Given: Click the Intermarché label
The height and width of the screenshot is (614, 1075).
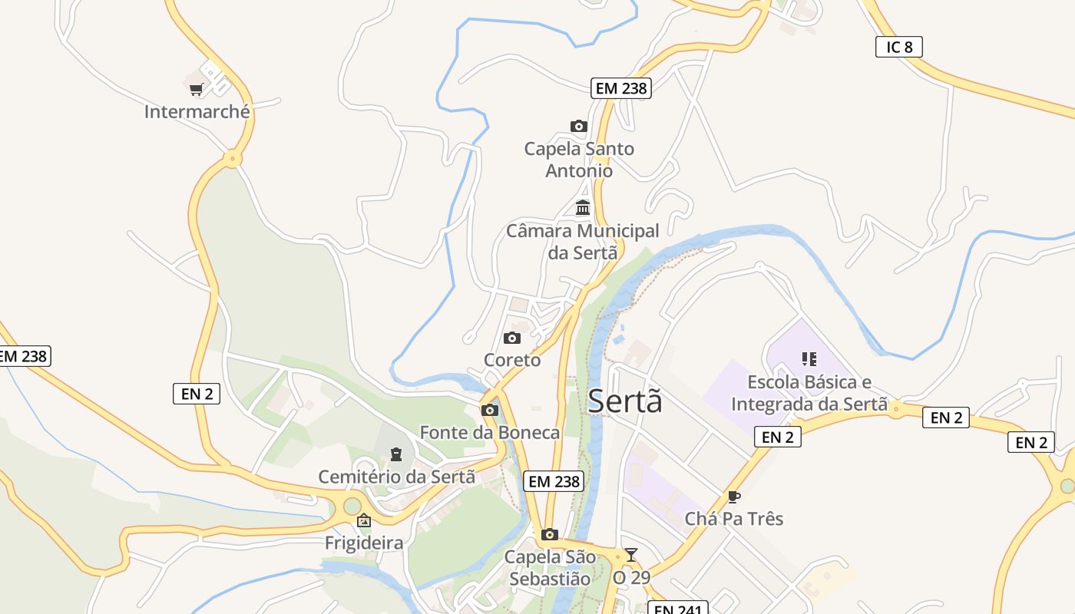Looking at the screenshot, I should point(197,111).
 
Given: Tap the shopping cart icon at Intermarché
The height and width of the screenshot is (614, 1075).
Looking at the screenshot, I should point(196,89).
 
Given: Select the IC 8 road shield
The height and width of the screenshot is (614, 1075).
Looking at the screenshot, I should point(898,47).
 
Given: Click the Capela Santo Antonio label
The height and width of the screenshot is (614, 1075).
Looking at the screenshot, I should point(579,159).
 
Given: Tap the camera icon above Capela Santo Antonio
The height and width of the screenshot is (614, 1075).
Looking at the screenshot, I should point(579,126).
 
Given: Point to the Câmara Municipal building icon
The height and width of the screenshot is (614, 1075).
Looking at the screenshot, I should point(583,207).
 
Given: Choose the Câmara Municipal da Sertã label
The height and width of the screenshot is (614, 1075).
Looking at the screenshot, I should point(583,241).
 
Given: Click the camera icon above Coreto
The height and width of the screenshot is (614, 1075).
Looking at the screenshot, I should point(512,338).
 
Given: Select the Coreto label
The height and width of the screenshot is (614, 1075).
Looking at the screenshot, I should point(512,359).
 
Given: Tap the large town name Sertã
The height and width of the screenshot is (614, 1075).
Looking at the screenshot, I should point(624,401).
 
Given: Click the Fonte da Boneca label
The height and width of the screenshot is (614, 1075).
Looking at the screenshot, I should point(490,432).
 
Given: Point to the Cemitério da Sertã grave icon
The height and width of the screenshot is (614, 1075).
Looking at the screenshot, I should point(396,454).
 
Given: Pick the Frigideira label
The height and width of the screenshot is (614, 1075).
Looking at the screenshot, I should point(364,543).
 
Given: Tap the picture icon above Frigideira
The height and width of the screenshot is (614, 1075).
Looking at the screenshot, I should point(364,521).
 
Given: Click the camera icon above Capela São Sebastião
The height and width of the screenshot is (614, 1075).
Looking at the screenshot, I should point(549,534).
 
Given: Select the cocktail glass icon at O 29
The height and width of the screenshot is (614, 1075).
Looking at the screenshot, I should point(631,554).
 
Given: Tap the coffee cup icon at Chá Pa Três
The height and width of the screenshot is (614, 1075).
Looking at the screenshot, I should point(734,497).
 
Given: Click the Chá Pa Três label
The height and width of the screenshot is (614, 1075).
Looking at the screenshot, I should point(734,519).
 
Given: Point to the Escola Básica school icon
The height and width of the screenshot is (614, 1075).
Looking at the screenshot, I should point(809,358).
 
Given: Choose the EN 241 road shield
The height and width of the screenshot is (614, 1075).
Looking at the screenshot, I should point(676,609).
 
